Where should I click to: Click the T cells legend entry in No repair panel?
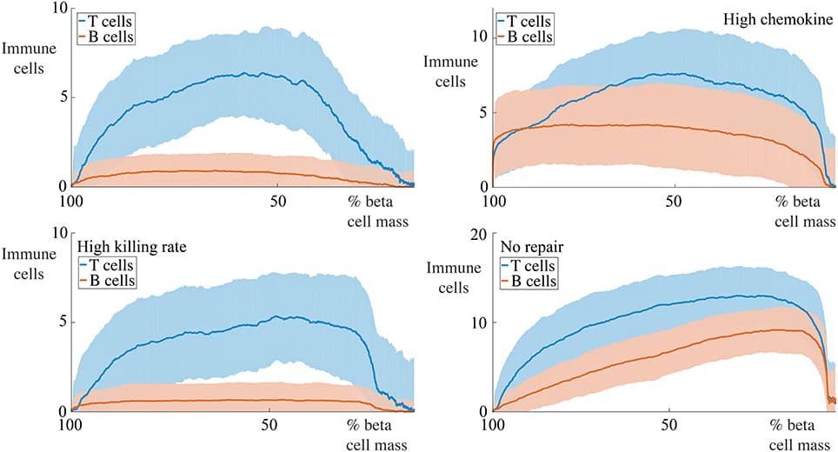click(529, 264)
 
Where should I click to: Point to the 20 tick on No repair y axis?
click(476, 234)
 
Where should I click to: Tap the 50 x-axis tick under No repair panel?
click(668, 427)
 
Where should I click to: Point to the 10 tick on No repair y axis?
click(476, 322)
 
